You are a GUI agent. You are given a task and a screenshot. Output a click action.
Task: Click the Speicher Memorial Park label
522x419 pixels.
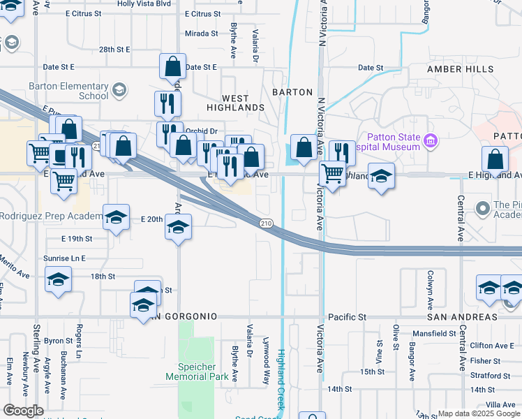197,370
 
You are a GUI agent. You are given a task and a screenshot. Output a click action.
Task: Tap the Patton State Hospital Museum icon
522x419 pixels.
431,142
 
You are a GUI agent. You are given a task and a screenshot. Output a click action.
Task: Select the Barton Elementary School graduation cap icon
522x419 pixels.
119,89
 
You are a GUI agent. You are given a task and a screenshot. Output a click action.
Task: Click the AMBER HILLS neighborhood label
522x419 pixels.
461,70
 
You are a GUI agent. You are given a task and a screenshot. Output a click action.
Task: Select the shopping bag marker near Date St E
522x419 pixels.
172,67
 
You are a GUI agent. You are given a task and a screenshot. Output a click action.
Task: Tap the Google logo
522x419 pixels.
23,411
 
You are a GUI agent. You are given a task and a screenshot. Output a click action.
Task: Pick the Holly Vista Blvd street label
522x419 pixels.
144,3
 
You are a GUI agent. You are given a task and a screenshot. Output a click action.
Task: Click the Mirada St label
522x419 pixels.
202,34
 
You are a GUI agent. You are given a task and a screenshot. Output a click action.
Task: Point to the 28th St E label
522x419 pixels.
114,50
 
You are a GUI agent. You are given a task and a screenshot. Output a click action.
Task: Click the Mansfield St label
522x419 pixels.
433,334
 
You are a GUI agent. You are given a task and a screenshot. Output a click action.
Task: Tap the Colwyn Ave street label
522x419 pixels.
431,284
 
